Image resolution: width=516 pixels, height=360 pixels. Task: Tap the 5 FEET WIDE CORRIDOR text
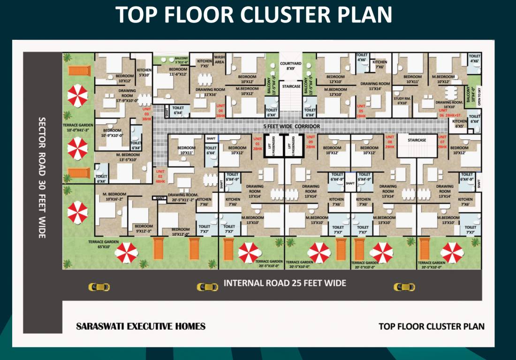(291, 127)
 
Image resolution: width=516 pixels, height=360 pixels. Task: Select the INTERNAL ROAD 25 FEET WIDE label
(285, 283)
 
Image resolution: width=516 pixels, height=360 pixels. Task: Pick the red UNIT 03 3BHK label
(146, 114)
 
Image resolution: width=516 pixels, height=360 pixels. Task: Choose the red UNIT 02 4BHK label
(160, 176)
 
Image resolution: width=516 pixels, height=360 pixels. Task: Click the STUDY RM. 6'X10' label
(402, 101)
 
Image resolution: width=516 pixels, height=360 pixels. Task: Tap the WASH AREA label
(220, 60)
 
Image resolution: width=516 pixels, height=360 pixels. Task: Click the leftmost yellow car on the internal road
(99, 287)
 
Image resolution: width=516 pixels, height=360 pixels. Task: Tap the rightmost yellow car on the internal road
(404, 287)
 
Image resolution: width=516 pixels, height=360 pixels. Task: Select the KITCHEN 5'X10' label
(144, 72)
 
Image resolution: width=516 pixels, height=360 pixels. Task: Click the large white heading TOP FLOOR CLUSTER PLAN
(254, 15)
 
